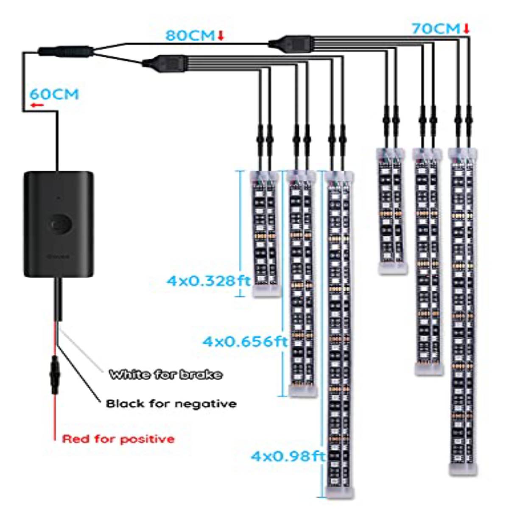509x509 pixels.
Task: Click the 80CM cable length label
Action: tap(190, 35)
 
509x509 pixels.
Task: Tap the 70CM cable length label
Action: tap(436, 29)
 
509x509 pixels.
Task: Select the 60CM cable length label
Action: tap(54, 94)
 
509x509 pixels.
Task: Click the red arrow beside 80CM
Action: tap(221, 36)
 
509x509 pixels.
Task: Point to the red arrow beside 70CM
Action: tap(467, 29)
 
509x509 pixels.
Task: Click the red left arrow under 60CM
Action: tap(37, 105)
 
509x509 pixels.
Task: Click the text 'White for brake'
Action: tap(165, 374)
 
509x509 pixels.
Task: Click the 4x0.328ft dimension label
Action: tap(208, 281)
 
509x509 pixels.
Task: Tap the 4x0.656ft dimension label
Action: tap(245, 342)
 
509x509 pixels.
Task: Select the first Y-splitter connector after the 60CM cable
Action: tap(66, 51)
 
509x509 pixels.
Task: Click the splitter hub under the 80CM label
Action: tap(290, 43)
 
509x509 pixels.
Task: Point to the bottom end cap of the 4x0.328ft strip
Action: tap(266, 291)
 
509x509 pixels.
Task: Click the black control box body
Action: tap(59, 224)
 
